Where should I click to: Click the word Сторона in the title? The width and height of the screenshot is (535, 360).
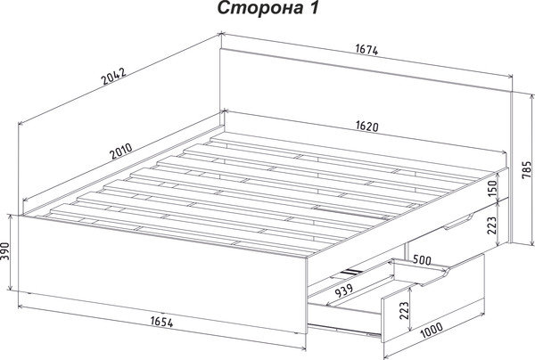[x=260, y=8]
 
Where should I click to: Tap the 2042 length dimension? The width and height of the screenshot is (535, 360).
[x=114, y=76]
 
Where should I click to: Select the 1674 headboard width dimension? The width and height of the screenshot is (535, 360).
[x=367, y=50]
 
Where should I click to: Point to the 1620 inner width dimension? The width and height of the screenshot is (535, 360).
[x=367, y=127]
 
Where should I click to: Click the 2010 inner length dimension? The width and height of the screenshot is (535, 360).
[x=121, y=151]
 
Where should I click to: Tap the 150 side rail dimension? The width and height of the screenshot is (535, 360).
[x=492, y=189]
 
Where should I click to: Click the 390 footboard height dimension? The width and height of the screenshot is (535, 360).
[x=4, y=251]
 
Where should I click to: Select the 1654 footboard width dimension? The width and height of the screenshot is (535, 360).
[x=161, y=322]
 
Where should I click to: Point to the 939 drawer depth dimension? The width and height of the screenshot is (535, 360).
[x=343, y=290]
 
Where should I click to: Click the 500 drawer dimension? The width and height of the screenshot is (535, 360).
[x=422, y=260]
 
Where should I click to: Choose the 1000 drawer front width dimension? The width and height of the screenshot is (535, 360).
[x=432, y=330]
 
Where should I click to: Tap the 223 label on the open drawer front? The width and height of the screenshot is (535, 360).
[x=404, y=310]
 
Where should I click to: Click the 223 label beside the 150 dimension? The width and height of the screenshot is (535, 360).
[x=491, y=225]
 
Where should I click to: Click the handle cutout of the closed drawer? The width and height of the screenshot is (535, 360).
[x=458, y=222]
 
